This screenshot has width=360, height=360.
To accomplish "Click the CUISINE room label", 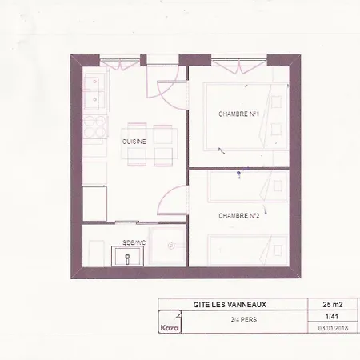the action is click(x=134, y=142).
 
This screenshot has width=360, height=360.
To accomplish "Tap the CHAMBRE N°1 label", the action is click(x=238, y=114).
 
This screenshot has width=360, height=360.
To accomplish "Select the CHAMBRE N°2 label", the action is click(x=239, y=215).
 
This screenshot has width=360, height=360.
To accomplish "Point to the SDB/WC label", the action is click(x=134, y=242).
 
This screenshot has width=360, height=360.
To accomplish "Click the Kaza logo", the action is click(x=170, y=327).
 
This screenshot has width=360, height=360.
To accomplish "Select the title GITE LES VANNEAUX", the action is click(x=230, y=305).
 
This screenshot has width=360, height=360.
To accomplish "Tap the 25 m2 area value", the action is click(x=333, y=304).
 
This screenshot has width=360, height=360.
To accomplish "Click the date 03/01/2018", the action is click(x=333, y=328).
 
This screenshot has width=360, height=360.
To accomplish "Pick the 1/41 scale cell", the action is click(x=332, y=317).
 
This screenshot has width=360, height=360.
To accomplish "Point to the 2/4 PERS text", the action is click(x=244, y=319).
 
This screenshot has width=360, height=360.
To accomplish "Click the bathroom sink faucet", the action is click(x=127, y=259).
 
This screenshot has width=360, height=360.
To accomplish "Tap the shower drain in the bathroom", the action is click(x=171, y=246).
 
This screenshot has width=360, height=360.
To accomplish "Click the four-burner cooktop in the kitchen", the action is click(x=94, y=126).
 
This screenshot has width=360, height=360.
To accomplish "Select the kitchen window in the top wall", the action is click(x=120, y=63).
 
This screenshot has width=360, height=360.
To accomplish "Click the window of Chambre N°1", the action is click(x=239, y=64).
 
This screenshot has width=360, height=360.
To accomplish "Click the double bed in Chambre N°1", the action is click(x=246, y=116).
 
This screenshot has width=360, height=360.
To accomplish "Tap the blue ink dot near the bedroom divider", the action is click(x=238, y=174).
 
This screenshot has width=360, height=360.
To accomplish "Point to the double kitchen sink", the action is click(x=94, y=93).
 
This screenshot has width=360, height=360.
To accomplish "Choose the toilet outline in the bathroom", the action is click(x=96, y=253).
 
